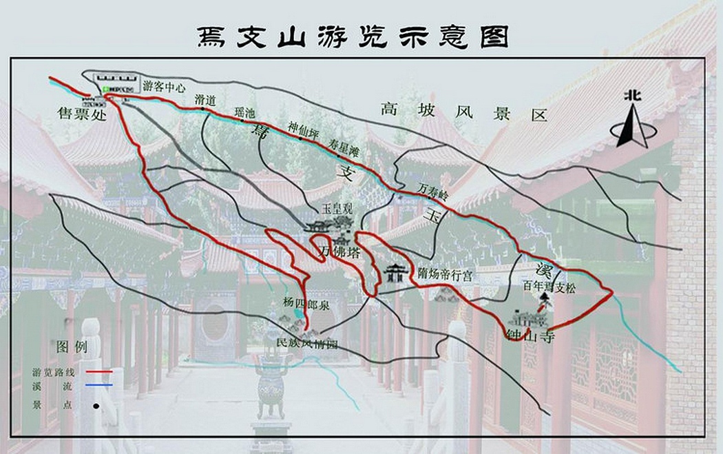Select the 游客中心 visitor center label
[x=164, y=87]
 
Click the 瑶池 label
[x=244, y=112]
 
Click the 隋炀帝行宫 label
[x=445, y=274]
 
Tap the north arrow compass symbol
[x=631, y=121]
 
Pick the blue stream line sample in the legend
[x=99, y=386]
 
